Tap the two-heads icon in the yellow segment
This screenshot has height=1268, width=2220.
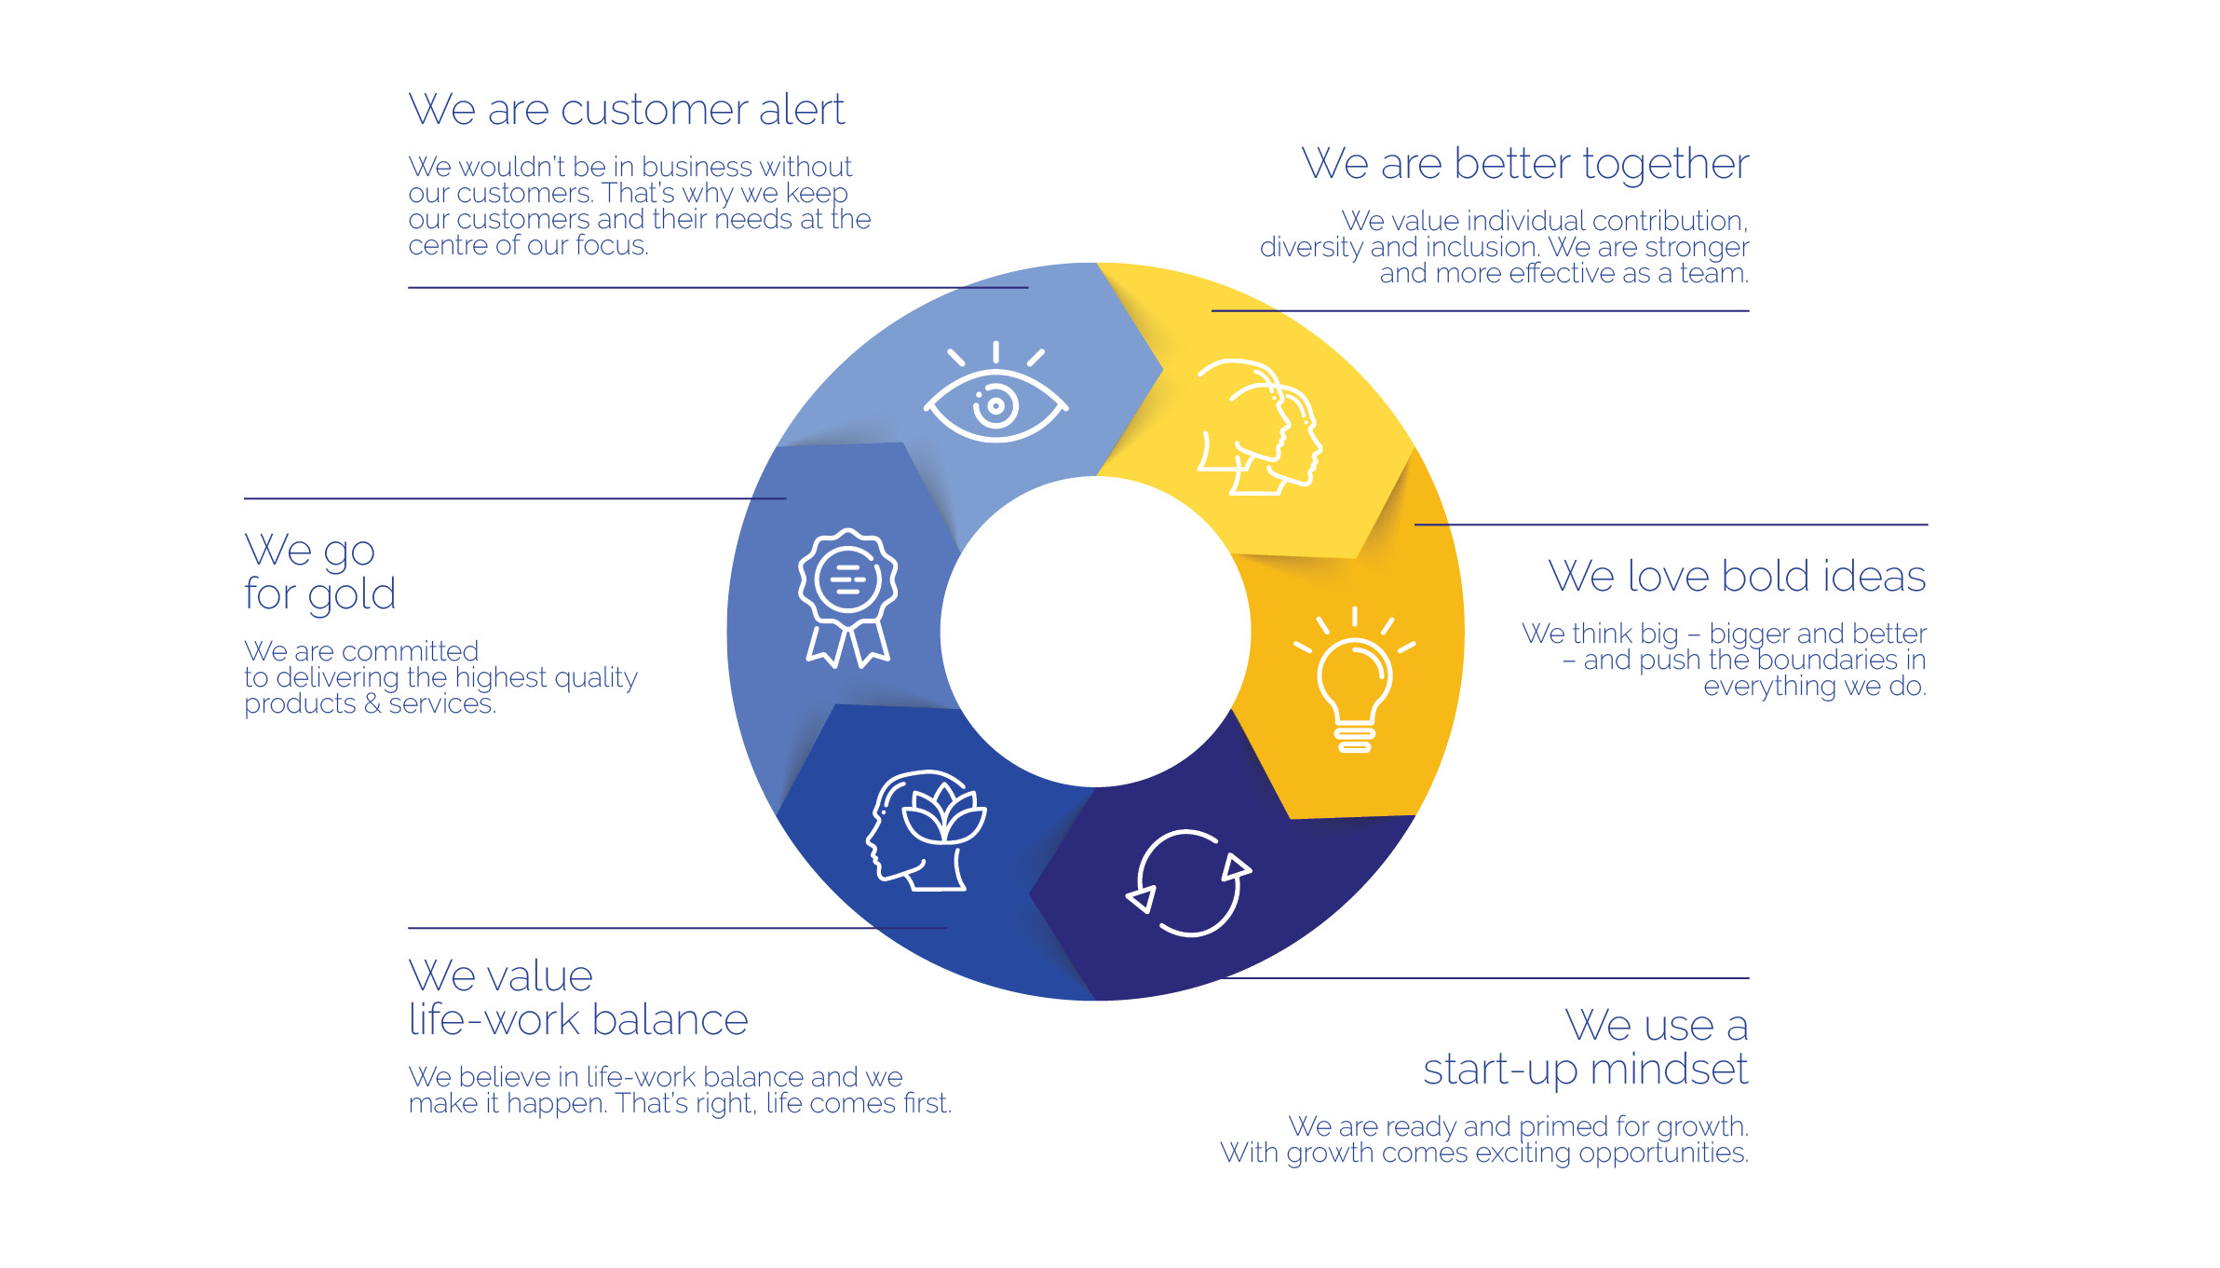coord(1259,427)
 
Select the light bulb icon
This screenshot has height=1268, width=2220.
coord(1355,680)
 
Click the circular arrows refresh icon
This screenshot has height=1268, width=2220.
coord(1188,883)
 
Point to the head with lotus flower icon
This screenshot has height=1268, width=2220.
coord(926,831)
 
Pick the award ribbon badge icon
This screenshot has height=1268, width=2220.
coord(847,598)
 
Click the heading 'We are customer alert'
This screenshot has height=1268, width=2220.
coord(627,110)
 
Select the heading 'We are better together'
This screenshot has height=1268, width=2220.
coord(1524,165)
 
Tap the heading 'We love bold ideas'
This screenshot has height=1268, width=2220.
coord(1737,576)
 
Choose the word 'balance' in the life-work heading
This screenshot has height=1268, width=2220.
coord(670,1020)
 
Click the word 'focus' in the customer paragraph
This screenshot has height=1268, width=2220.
coord(610,246)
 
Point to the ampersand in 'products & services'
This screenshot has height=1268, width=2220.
coord(372,704)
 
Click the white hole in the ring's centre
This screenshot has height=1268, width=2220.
coord(1095,632)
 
